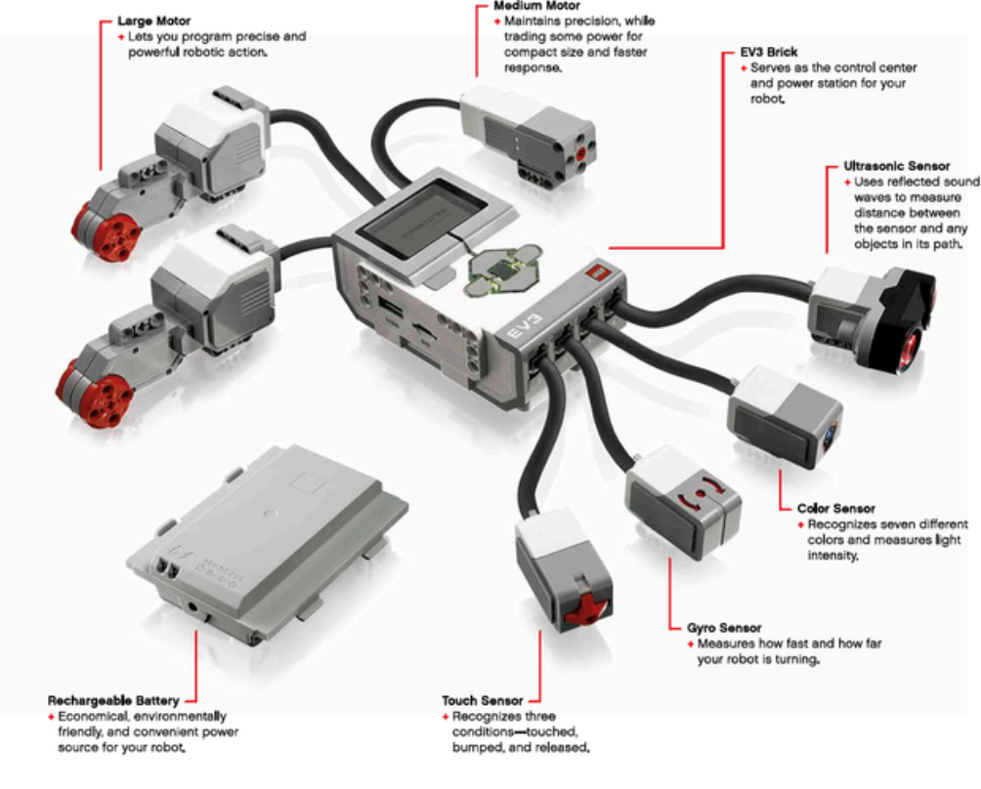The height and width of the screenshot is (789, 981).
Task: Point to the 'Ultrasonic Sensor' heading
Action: point(896,167)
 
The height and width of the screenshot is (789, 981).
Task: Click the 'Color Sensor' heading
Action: point(835,509)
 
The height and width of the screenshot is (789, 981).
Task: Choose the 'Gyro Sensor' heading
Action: point(723,628)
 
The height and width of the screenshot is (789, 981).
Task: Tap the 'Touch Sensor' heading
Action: point(482,700)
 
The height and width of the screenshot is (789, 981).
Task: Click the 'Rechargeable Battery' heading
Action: point(113,700)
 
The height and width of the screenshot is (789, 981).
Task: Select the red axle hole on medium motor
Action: point(584,151)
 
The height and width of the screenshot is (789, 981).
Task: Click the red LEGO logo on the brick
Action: point(593,276)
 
